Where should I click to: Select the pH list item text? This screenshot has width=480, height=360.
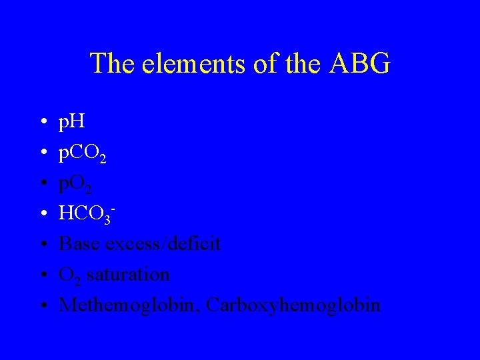(73, 123)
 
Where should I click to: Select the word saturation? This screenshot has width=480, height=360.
(128, 274)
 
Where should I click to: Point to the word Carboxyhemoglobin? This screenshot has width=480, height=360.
(293, 305)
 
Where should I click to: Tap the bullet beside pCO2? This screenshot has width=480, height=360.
(42, 153)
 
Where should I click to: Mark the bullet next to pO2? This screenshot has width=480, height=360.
(42, 184)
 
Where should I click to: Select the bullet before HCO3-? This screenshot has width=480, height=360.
(42, 215)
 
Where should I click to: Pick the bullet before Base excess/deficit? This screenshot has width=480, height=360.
(42, 245)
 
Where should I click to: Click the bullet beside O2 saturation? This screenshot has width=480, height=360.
(42, 275)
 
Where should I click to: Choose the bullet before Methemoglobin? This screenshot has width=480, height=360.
(42, 305)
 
